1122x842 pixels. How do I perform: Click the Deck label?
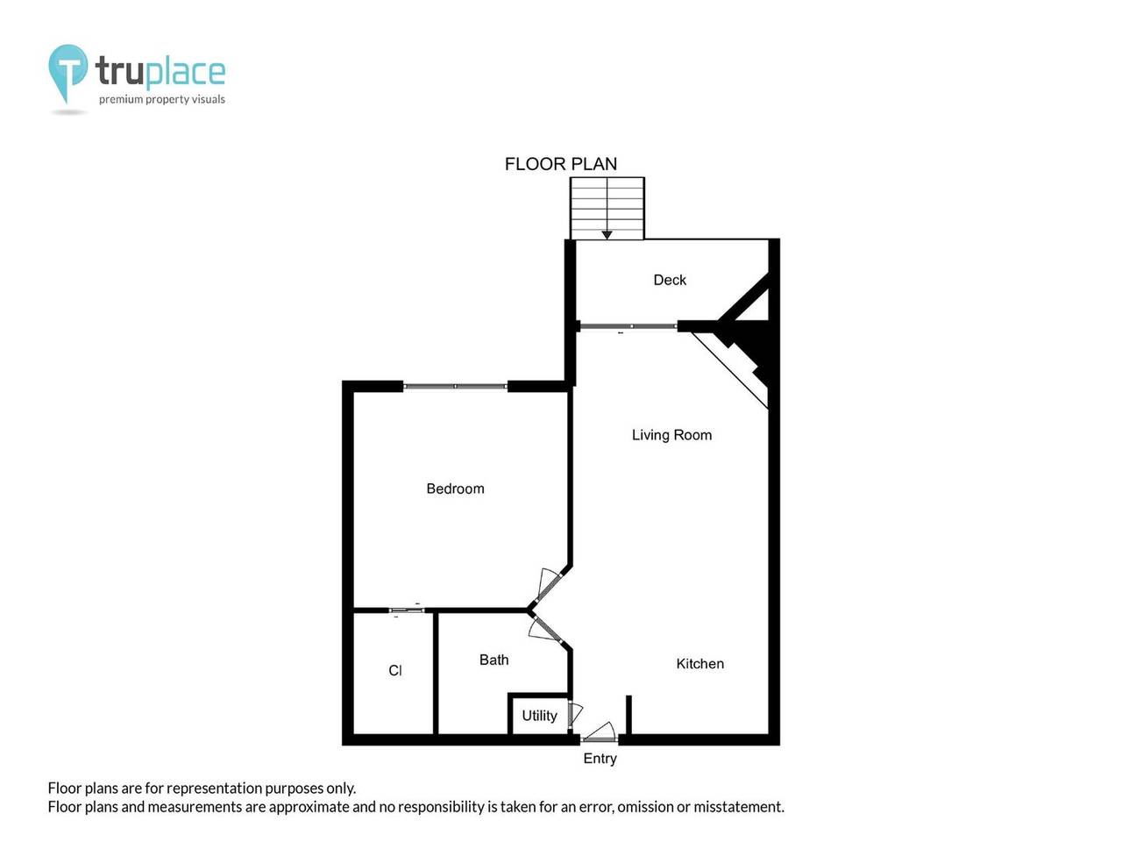[670, 280]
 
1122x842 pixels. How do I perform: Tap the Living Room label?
[671, 435]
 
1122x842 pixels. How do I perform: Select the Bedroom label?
[455, 489]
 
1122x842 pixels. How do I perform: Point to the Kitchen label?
[699, 664]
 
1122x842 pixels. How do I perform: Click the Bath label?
[494, 660]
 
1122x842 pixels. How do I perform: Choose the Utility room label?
[539, 716]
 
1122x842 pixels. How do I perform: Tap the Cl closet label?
[394, 670]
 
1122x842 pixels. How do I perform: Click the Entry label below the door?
[600, 759]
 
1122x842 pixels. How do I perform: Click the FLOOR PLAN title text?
[561, 164]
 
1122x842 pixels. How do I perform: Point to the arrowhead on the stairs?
[607, 235]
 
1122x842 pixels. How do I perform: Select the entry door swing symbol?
[600, 732]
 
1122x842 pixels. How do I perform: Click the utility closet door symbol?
[575, 714]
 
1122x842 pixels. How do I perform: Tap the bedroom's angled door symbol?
[548, 583]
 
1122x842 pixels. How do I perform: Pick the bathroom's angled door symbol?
[547, 629]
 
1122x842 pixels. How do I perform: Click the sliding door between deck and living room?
[628, 326]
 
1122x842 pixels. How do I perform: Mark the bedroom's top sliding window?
[455, 386]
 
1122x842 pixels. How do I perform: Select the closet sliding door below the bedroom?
[406, 610]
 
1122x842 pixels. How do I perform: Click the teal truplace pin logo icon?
[67, 70]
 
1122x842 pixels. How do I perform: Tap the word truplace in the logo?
[160, 72]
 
